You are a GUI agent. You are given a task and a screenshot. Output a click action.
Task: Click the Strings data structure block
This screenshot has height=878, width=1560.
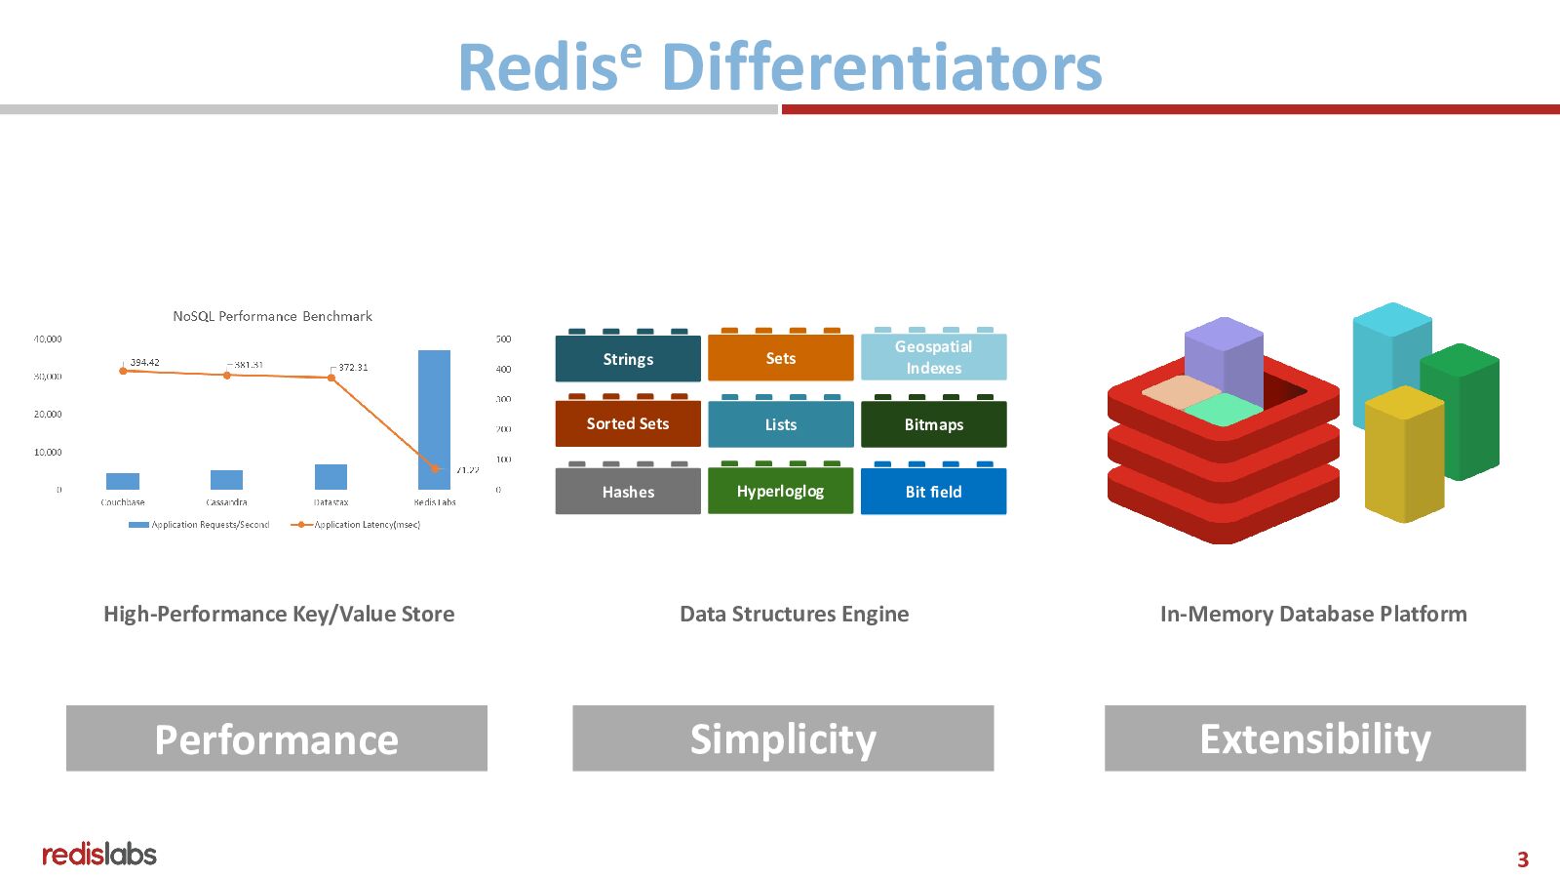pos(628,358)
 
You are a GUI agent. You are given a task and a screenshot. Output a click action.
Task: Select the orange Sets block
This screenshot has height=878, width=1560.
pos(780,358)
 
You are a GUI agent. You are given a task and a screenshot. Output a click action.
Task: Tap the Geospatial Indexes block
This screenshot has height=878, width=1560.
pos(933,357)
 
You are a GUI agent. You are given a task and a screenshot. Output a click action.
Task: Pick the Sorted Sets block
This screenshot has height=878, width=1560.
pos(628,423)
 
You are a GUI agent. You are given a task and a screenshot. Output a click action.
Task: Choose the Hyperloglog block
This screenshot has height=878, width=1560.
pos(780,491)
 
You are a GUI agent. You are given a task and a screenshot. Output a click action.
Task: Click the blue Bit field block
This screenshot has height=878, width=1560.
pos(933,491)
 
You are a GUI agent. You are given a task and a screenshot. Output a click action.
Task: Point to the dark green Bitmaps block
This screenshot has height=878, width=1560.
pos(933,424)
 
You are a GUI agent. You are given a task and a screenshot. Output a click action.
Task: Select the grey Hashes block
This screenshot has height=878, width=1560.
pos(628,491)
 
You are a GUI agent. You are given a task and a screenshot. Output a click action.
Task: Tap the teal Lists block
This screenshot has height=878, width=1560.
pos(780,424)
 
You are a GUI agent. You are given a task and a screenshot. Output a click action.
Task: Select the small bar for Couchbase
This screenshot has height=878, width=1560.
pos(123,481)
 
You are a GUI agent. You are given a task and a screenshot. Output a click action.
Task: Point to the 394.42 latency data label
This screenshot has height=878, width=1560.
pos(144,363)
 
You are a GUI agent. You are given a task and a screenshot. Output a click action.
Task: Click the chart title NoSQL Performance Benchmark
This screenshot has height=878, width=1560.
pos(272,316)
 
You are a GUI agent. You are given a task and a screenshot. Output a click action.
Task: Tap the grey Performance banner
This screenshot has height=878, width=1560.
pos(277,738)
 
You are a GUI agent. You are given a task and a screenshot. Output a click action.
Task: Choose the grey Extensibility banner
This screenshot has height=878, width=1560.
pos(1314,738)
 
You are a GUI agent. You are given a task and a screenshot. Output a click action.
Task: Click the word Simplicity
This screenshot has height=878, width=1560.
pos(783,738)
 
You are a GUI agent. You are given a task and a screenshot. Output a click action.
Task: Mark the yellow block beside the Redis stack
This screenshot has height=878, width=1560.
pos(1403,454)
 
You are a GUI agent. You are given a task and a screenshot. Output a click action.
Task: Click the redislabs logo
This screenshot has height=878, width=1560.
pos(99,855)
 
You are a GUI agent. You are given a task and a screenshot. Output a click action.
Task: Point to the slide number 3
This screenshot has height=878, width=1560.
pos(1522,859)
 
